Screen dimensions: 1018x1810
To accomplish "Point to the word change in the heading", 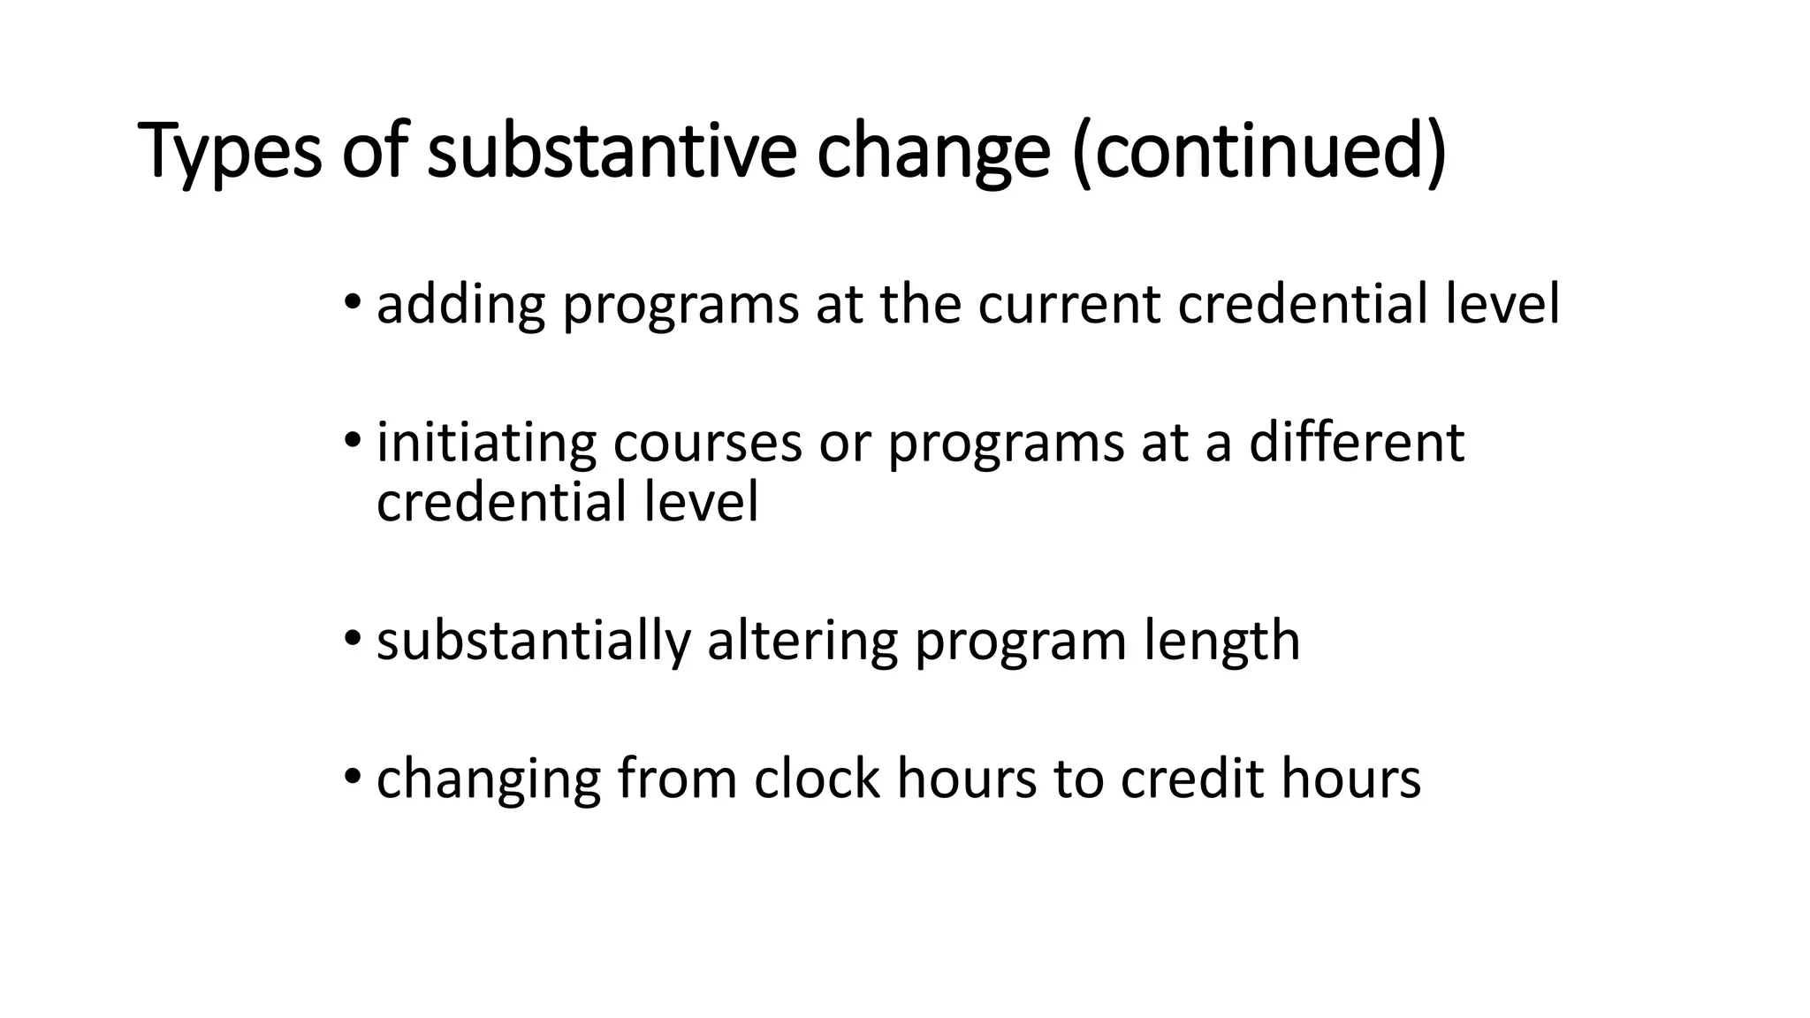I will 933,152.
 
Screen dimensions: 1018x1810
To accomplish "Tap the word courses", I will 707,444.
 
